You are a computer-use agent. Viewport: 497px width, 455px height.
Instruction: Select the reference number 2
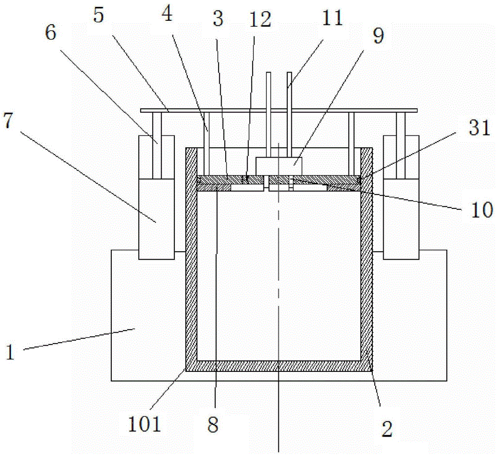pos(388,429)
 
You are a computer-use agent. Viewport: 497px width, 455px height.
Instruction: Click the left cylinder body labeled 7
pos(157,219)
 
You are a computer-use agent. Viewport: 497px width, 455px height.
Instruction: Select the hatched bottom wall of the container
pos(278,365)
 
